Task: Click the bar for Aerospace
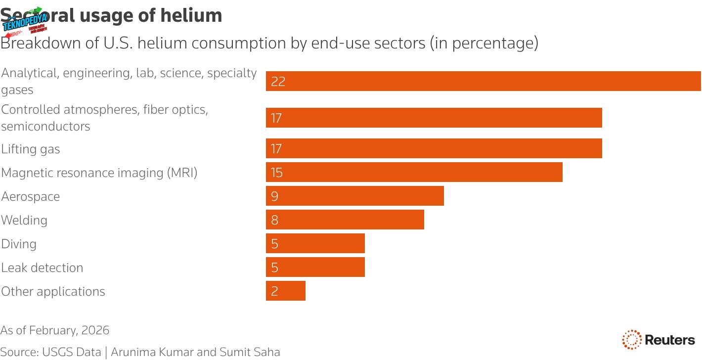click(354, 196)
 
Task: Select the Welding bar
click(345, 220)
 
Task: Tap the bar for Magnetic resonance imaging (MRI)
click(414, 172)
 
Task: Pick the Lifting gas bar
click(434, 148)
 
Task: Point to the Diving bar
click(315, 243)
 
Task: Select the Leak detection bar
click(315, 267)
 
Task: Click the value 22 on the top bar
click(278, 81)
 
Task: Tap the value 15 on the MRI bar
click(276, 172)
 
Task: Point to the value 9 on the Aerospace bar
click(275, 196)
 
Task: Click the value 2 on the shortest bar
click(275, 291)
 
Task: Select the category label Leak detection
click(42, 268)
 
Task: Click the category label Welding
click(24, 220)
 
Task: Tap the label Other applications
click(53, 291)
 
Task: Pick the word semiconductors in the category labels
click(45, 126)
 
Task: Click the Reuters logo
click(658, 340)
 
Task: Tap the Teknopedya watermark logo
click(25, 22)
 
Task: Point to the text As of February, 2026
click(55, 330)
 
